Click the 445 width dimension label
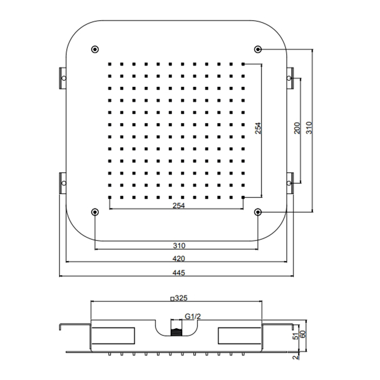point(179,273)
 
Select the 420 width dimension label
point(179,258)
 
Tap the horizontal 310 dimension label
point(179,245)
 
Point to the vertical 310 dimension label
point(309,128)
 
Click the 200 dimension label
point(297,128)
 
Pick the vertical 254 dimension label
point(258,128)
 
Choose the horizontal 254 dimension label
point(179,206)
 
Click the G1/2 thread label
point(193,316)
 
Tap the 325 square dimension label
point(179,298)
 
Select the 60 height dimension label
point(303,334)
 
